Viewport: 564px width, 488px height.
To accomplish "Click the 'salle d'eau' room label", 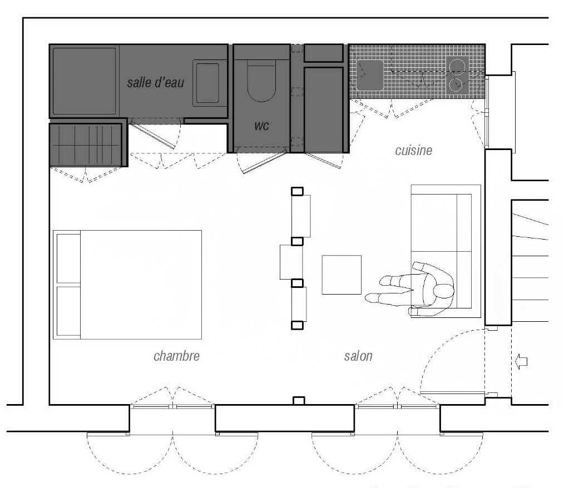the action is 155,83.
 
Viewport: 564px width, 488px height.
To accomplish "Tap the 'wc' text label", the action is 261,126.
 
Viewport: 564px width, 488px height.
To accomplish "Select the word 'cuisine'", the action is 414,150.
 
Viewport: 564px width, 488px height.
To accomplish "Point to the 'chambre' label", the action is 177,356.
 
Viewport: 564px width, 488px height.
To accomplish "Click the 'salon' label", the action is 358,356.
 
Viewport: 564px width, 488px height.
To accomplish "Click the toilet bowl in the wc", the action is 261,81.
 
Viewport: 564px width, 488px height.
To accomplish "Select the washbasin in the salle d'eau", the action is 207,83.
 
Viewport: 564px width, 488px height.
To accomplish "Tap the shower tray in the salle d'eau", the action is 84,81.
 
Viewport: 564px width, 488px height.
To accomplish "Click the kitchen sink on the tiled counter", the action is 370,76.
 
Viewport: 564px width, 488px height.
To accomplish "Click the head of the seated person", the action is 444,290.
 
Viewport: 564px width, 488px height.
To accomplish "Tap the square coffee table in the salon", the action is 342,275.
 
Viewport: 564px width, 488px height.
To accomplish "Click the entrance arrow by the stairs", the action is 522,361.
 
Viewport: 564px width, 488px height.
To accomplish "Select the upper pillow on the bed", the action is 68,258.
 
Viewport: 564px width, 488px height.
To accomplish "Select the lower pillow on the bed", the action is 68,311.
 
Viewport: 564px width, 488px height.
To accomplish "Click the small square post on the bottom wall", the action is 299,401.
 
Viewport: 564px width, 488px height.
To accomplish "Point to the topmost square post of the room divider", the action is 297,191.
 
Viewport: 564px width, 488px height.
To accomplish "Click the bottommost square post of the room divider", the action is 297,325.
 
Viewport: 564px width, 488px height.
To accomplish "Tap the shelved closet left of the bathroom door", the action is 87,145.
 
